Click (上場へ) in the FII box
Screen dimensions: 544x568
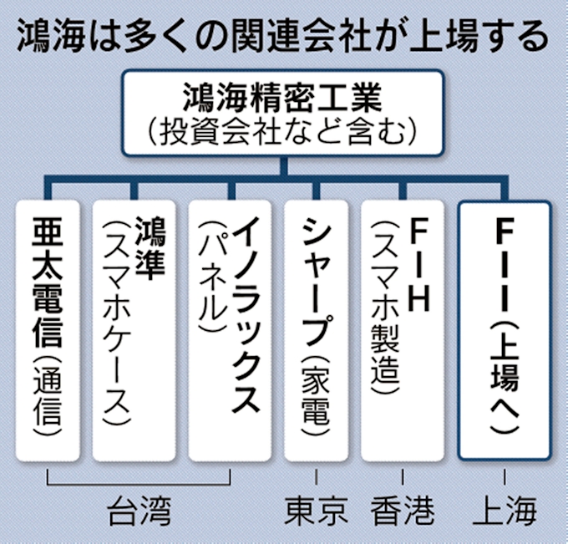[x=504, y=376]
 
